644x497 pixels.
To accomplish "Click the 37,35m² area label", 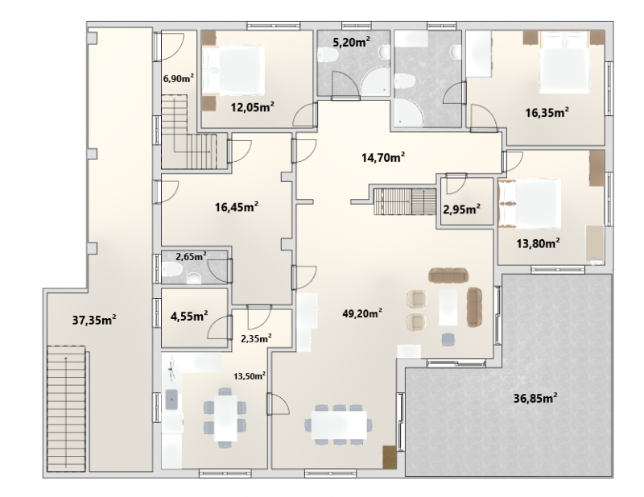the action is tap(94, 320).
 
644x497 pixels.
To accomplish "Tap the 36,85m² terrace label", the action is tap(535, 398).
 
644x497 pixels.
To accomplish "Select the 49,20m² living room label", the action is tap(363, 313).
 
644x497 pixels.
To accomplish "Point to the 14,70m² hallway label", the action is tap(384, 157).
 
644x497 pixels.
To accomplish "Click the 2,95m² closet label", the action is tap(462, 209).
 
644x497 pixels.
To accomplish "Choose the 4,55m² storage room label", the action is tap(189, 316).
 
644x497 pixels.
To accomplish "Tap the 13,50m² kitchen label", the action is tap(250, 375).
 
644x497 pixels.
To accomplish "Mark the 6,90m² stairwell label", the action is tap(179, 78).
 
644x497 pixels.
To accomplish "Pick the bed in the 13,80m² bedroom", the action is tap(530, 204).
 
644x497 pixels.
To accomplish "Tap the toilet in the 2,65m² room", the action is tap(172, 270).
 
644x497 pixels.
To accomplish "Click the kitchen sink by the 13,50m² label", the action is tap(171, 400).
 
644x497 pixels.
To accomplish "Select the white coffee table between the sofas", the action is tap(448, 307).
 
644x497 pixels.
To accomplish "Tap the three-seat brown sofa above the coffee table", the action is tap(448, 275).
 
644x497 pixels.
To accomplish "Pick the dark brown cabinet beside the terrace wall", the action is tap(390, 457).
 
